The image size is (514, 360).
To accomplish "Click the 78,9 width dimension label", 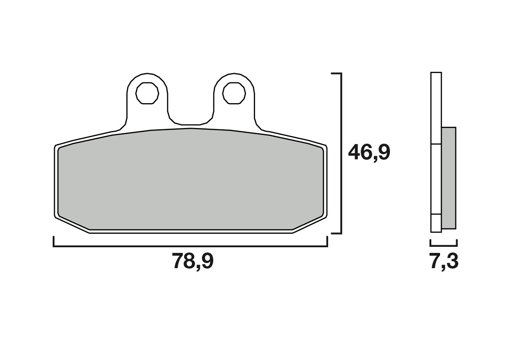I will point(193,261).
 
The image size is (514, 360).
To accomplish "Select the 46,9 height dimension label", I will point(369,153).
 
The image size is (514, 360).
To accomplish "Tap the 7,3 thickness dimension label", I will point(443,262).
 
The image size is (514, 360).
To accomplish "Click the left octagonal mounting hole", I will point(147,93).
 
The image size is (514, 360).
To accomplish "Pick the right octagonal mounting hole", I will point(234,93).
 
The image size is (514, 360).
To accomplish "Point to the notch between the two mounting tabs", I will point(191,121).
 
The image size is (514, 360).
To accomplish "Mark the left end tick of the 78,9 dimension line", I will point(54,242).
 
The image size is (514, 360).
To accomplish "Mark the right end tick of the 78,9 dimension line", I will point(327,242).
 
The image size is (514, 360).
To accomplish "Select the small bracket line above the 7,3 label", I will point(443,245).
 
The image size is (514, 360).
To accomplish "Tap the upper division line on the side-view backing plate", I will point(436,144).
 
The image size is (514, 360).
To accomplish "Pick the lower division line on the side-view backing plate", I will point(436,214).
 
